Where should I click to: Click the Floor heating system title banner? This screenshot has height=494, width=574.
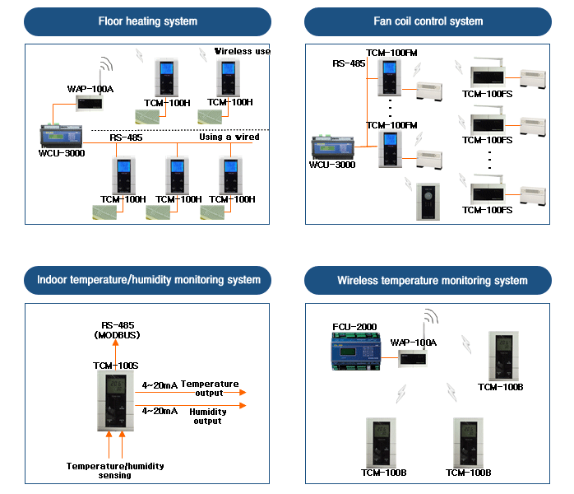148,21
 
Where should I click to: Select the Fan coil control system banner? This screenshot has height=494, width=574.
428,21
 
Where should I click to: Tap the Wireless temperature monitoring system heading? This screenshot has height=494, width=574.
432,280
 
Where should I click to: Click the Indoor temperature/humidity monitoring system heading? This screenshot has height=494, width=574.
148,280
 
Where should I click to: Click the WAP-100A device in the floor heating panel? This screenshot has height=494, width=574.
89,102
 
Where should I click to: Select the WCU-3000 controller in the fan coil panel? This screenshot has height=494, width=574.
331,147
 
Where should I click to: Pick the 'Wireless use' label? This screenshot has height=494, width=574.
243,51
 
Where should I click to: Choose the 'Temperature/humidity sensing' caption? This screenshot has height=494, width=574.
115,470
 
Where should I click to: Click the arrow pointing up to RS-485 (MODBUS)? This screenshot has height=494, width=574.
116,352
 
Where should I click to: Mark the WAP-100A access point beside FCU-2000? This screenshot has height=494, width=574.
414,357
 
